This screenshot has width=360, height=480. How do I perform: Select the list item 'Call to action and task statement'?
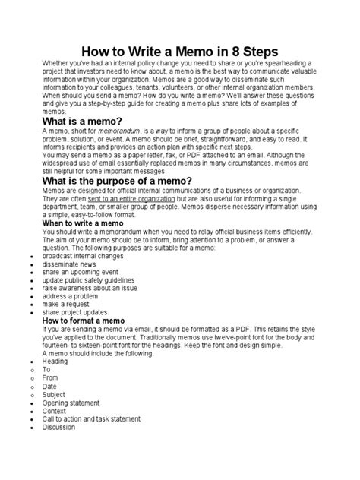click(x=89, y=418)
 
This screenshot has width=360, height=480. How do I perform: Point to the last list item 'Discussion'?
click(x=58, y=428)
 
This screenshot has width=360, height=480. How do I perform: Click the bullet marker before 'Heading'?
click(x=28, y=362)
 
